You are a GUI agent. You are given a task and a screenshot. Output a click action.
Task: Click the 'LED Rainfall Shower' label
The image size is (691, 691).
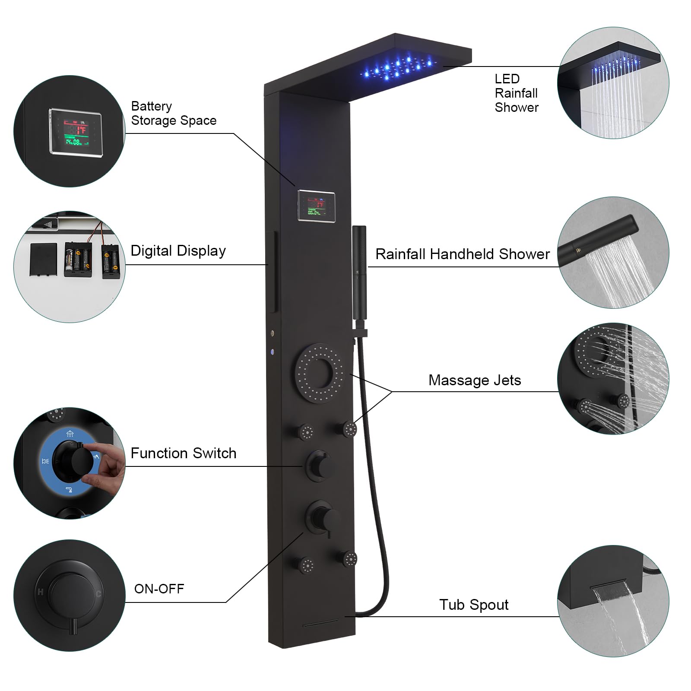(x=516, y=93)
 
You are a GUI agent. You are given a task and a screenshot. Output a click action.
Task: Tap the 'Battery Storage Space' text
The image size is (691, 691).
(x=173, y=113)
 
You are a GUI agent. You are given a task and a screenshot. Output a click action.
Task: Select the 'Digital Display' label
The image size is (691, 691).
(x=178, y=251)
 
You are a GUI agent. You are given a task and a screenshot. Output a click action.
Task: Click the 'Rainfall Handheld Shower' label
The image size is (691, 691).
(x=462, y=254)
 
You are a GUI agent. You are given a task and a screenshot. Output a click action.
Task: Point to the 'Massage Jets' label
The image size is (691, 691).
(x=474, y=380)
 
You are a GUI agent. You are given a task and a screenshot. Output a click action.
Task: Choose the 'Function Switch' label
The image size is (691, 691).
(x=183, y=453)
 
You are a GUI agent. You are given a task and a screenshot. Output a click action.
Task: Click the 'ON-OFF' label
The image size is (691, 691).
(x=159, y=589)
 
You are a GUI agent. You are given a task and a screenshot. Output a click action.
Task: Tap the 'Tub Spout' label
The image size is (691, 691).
(x=473, y=605)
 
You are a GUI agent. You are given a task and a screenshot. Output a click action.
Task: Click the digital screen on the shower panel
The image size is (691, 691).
(x=316, y=206)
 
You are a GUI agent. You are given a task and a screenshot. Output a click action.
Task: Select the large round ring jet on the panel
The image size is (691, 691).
(x=320, y=373)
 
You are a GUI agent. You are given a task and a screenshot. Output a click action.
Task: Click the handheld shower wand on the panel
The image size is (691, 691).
(x=359, y=272)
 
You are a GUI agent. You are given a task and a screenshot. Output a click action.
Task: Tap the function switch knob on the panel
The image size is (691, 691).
(x=319, y=464)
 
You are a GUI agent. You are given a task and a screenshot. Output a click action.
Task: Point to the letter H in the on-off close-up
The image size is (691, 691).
(x=40, y=592)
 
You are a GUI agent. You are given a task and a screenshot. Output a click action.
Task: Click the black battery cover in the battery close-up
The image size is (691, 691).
(x=43, y=259)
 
